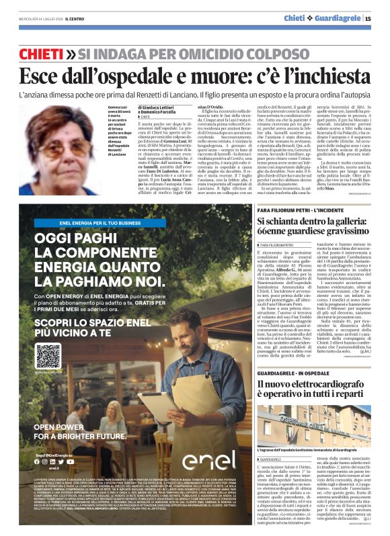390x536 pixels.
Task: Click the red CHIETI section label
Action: coord(42,53)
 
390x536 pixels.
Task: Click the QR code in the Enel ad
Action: coord(48,355)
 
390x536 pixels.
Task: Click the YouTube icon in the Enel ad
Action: coord(70,461)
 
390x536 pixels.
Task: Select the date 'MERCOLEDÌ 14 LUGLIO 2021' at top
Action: coord(37,19)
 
